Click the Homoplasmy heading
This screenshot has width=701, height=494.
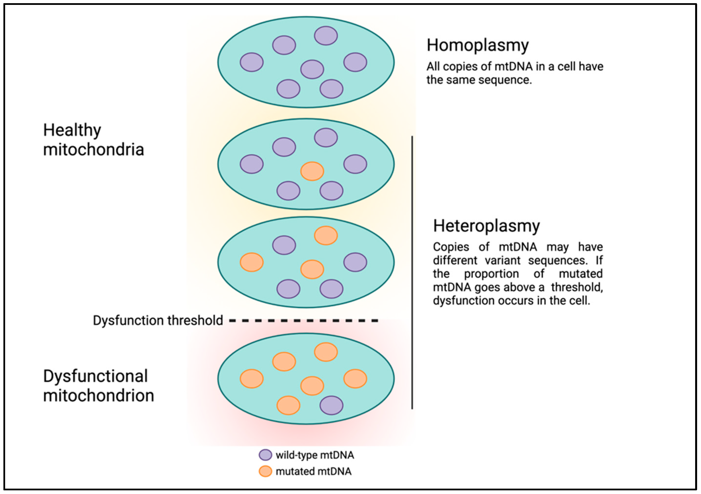pyautogui.click(x=477, y=46)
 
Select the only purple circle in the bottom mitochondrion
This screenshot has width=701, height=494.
pyautogui.click(x=331, y=405)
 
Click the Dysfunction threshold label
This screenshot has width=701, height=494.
pyautogui.click(x=158, y=321)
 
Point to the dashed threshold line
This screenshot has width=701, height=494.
pyautogui.click(x=304, y=321)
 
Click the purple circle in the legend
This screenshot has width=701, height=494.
pyautogui.click(x=265, y=455)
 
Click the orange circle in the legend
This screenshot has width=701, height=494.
pyautogui.click(x=265, y=471)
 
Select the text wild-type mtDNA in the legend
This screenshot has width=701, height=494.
pyautogui.click(x=315, y=455)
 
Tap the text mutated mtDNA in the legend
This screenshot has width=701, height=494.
pyautogui.click(x=313, y=471)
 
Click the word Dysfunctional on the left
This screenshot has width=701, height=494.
pyautogui.click(x=95, y=376)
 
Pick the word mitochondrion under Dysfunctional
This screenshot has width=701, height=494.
pyautogui.click(x=98, y=396)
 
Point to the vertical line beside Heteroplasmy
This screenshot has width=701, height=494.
pyautogui.click(x=412, y=272)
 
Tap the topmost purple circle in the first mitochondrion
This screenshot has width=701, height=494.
pyautogui.click(x=326, y=36)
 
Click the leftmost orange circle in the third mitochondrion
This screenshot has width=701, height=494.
pyautogui.click(x=252, y=262)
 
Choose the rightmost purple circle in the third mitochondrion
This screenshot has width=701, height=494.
pyautogui.click(x=355, y=262)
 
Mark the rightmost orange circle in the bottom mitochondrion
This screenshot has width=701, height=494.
pyautogui.click(x=355, y=379)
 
